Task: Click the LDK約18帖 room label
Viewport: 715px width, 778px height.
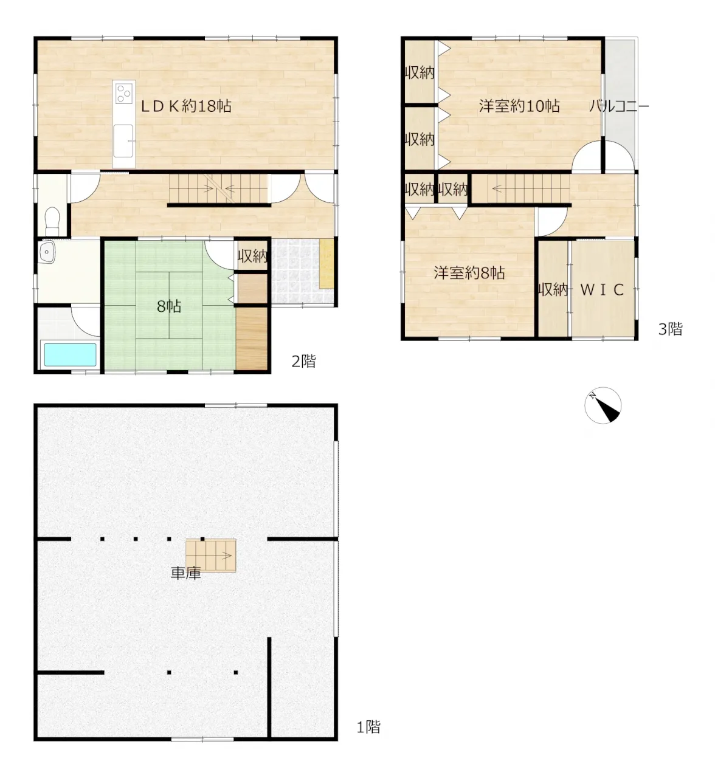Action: (186, 106)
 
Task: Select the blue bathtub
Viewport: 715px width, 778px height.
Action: (70, 354)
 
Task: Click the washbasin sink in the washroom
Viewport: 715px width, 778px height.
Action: (47, 252)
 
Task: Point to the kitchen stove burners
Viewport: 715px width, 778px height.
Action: (124, 93)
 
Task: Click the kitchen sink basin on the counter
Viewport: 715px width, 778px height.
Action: (124, 141)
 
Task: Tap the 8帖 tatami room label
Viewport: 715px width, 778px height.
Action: (169, 307)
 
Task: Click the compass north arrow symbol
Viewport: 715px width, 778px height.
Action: (603, 405)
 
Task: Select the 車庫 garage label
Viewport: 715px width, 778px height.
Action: (186, 573)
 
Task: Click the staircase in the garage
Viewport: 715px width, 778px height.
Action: (210, 556)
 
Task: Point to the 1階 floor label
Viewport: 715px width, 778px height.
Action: (368, 727)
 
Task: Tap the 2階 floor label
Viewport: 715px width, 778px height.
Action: (304, 362)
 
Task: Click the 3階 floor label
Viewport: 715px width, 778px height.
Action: (671, 329)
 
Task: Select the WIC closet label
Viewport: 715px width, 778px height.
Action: (602, 290)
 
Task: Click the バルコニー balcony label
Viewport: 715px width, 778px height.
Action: (618, 106)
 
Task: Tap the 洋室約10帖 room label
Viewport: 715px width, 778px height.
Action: (519, 106)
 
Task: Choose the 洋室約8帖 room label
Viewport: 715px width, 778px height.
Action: (469, 273)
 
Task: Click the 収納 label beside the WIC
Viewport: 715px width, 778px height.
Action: (553, 290)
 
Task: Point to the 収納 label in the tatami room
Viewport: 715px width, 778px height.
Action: (252, 256)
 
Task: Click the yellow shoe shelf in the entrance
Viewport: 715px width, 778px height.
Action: (326, 264)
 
